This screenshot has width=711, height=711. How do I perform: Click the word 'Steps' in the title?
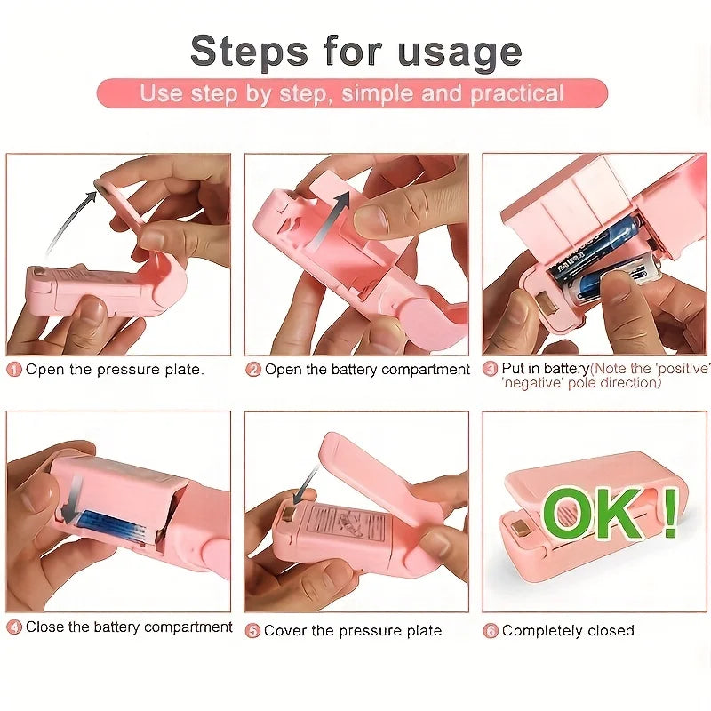click(x=245, y=52)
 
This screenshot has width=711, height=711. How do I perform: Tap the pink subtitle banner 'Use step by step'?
click(x=352, y=93)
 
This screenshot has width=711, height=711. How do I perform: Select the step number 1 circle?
click(x=14, y=370)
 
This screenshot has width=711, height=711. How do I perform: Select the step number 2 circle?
click(x=253, y=370)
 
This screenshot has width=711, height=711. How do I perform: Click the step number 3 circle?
click(x=490, y=369)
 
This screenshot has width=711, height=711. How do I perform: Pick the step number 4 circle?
click(x=14, y=627)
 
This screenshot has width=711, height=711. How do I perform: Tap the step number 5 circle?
click(x=253, y=631)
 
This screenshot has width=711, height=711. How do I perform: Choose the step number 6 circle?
click(x=490, y=631)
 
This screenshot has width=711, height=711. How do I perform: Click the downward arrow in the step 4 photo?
click(x=73, y=494)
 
